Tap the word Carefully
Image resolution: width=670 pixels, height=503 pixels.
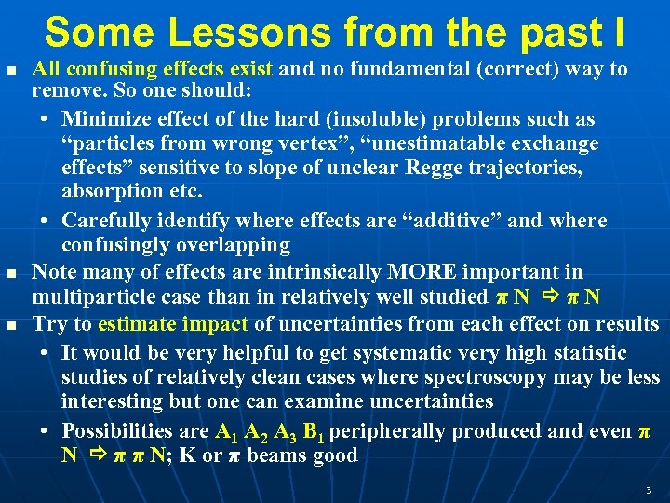coord(105,221)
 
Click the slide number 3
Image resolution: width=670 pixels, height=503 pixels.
coord(648,489)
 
